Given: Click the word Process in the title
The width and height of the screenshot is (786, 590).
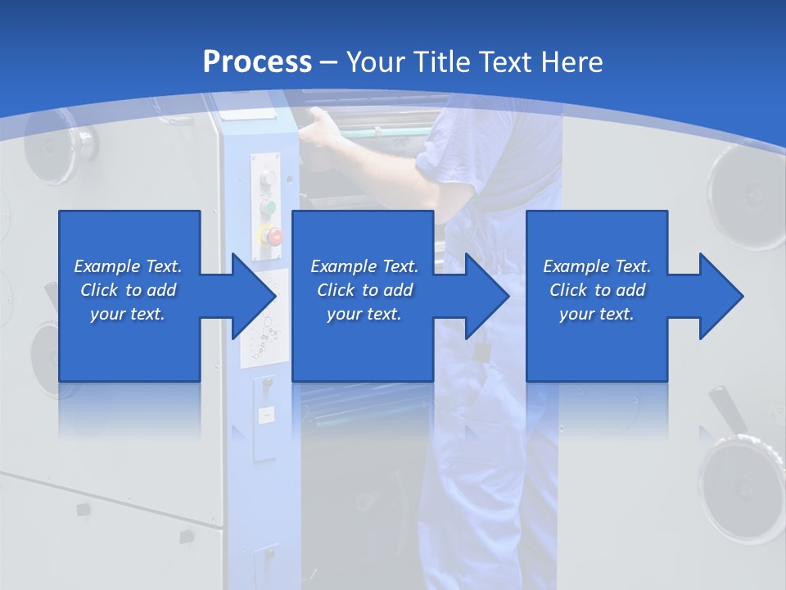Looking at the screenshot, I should point(257,62).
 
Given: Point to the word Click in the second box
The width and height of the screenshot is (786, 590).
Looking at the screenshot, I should point(334,290).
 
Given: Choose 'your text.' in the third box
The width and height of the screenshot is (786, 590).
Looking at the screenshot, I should point(596,314).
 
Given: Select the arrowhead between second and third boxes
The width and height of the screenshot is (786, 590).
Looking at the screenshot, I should point(486,296).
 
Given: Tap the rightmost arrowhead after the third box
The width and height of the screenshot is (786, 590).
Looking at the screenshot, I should point(720,296).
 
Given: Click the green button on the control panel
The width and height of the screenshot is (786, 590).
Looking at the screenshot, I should point(268,207).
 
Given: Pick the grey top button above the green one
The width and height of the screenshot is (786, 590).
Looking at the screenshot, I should point(268,179).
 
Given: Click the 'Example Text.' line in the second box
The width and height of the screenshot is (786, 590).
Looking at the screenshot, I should point(364,266).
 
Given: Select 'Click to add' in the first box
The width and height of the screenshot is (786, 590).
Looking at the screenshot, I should point(129,290).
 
